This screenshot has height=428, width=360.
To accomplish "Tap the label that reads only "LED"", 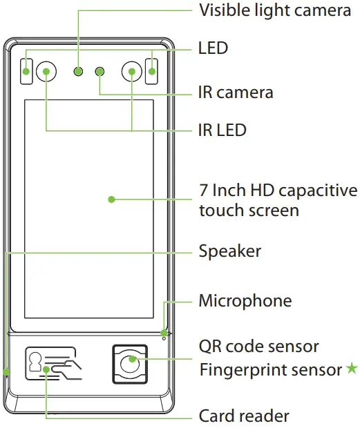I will pos(213,48).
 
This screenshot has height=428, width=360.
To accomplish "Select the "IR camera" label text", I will pos(236,92).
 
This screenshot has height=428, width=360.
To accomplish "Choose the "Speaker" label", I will pos(230,251).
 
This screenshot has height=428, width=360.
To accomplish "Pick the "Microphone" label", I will pos(245,301).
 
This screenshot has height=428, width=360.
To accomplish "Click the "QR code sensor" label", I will pos(259,344).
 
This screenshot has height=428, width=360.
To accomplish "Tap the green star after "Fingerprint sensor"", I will pos(352,369).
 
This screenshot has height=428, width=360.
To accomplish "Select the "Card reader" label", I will pos(244,416).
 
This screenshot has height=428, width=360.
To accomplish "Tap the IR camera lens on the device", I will pos(100,70).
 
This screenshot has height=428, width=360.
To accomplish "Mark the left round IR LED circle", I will pos(46,70).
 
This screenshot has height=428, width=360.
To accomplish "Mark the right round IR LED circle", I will pos(132,70).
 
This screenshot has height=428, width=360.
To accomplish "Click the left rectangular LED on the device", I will pos(26,70).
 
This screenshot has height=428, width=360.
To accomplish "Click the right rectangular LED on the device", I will pos(151,70).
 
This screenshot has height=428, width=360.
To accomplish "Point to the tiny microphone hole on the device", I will pos(164,336).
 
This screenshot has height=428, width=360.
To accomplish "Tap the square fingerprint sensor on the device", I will pos(129,362).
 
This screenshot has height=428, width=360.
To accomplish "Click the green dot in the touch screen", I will pos(111,200).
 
